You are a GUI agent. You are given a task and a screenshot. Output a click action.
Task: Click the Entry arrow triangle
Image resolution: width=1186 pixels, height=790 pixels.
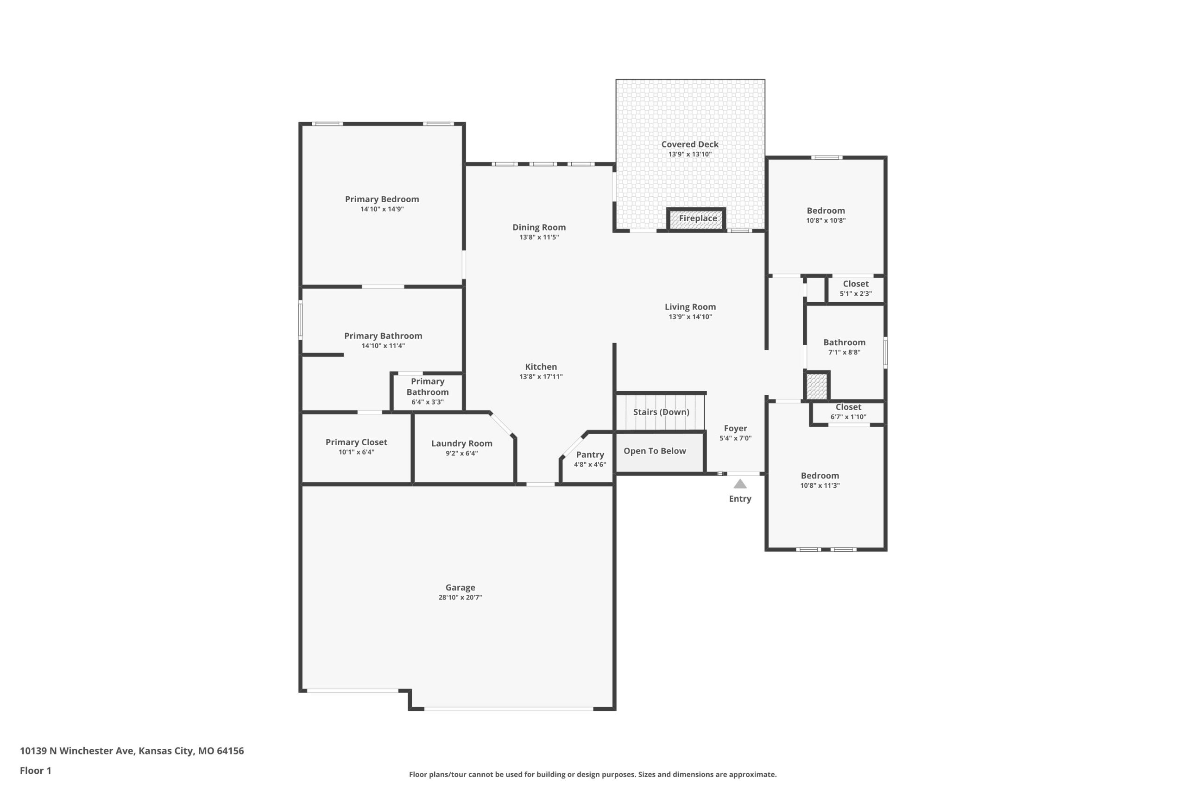tap(740, 484)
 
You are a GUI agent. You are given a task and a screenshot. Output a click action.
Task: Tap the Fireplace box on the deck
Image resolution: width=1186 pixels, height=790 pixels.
tap(696, 219)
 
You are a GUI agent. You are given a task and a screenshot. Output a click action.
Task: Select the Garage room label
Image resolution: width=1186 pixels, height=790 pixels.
tap(460, 587)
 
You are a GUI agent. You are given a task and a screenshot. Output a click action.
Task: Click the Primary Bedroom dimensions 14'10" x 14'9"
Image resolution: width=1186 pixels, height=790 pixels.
tap(382, 209)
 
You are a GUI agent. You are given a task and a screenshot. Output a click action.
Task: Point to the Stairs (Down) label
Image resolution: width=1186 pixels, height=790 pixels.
tap(661, 412)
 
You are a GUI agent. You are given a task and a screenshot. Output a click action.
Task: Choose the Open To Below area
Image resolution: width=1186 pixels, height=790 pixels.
tap(660, 453)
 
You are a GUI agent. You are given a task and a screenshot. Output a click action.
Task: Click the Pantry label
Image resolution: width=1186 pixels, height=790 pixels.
tap(590, 454)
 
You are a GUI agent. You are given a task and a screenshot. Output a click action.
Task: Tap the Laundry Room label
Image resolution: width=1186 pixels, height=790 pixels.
tap(461, 443)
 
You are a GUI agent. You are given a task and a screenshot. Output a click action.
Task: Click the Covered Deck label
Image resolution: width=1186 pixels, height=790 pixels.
tap(690, 144)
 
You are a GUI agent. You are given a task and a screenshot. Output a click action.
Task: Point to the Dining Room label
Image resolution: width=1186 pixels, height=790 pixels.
tap(539, 227)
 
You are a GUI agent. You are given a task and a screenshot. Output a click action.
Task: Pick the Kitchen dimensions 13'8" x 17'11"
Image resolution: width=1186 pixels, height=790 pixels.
tap(541, 376)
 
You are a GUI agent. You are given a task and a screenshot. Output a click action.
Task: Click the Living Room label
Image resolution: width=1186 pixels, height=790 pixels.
tap(690, 307)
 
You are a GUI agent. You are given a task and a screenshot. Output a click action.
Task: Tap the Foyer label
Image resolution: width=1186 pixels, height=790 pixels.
tap(735, 428)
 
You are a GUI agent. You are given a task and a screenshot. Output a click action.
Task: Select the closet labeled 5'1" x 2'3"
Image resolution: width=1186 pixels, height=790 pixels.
tap(855, 289)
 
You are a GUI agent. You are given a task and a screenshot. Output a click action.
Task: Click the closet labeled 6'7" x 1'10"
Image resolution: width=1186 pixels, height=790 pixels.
tap(848, 412)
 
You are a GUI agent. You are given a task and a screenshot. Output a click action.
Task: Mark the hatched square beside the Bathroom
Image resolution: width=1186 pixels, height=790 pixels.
tap(816, 386)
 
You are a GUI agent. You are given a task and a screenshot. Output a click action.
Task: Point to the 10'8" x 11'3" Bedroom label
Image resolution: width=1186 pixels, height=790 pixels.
tap(820, 476)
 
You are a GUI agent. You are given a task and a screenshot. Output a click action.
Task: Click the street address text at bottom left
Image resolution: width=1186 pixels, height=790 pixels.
tap(132, 751)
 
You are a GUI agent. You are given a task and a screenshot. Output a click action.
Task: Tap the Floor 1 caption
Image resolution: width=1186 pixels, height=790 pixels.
tap(35, 771)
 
